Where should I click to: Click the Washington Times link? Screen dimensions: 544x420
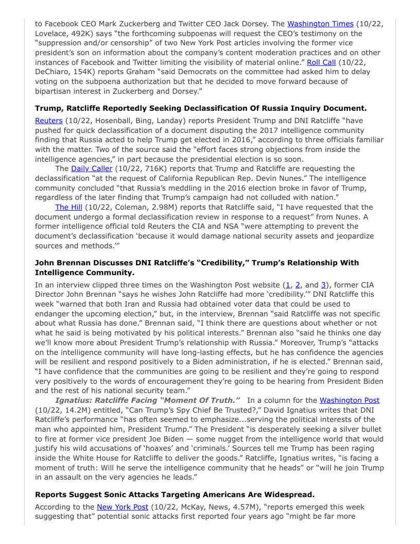(x=320, y=24)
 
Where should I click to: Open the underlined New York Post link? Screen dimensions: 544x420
(x=122, y=507)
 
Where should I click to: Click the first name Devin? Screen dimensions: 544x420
(x=330, y=168)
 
